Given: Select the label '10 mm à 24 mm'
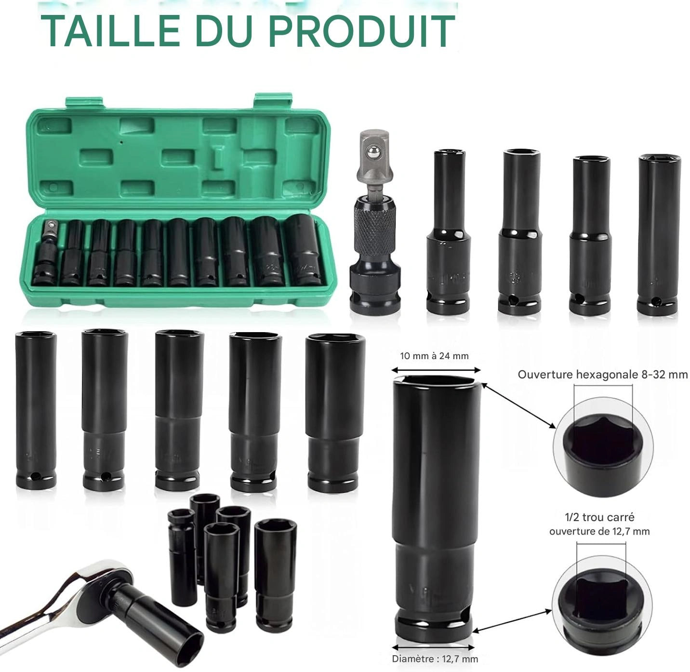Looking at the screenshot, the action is (434, 356).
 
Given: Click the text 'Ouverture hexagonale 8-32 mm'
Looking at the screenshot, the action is (602, 375).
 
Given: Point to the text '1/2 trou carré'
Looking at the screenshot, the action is (599, 517).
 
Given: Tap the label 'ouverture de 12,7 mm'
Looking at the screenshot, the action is (599, 531).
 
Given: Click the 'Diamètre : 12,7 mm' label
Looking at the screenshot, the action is (435, 659).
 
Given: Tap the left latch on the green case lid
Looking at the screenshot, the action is (84, 102).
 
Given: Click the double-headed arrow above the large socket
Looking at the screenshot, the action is (436, 370).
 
